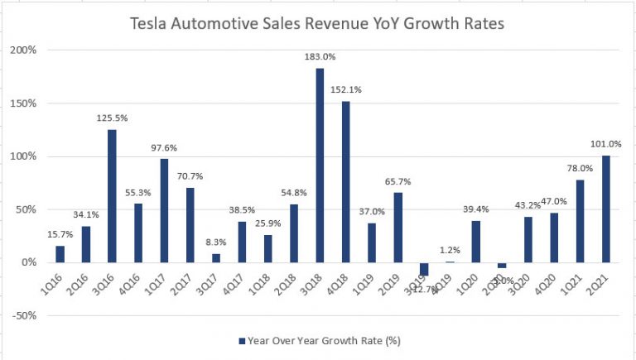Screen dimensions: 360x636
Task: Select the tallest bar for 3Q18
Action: coord(320,165)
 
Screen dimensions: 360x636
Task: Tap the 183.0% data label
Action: coord(320,58)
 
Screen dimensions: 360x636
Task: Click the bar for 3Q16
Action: coord(111,195)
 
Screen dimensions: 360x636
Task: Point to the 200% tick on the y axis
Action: coord(23,50)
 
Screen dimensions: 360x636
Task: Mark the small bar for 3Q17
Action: coord(215,257)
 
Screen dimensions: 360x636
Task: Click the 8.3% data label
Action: coord(215,243)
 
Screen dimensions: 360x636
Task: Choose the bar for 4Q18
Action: coord(345,181)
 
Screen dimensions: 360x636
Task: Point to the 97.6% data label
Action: coord(163,148)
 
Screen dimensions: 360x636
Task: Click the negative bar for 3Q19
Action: coord(423,268)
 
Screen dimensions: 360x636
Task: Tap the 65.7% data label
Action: coord(397,182)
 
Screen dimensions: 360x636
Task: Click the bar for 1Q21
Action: coord(579,221)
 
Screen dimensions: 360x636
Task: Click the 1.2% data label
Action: coord(450,250)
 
